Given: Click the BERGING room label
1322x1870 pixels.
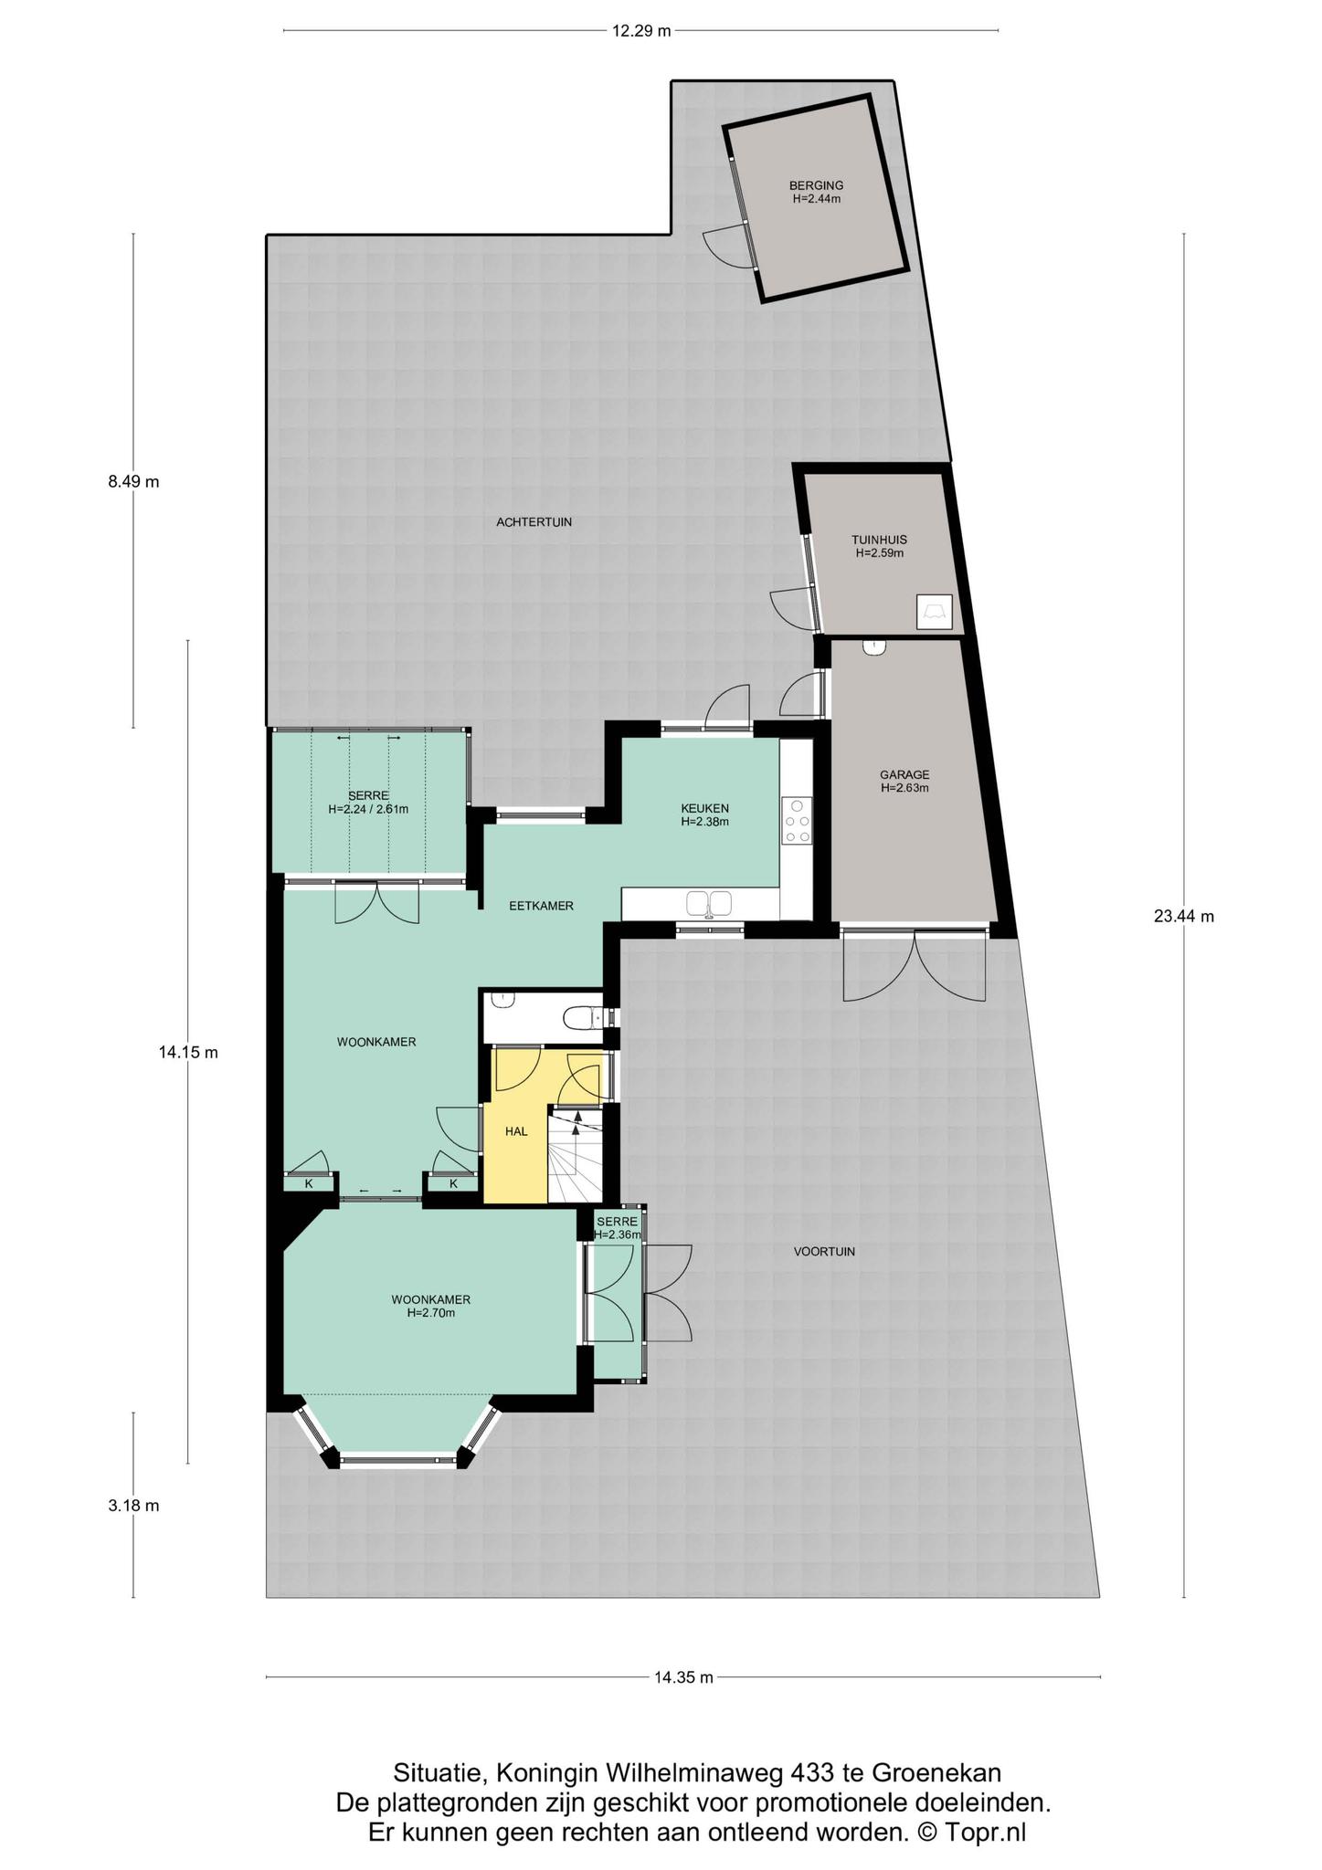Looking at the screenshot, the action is [816, 185].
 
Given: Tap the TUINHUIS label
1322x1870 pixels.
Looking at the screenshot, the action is [879, 540].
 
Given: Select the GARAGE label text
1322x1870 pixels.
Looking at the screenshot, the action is [904, 775].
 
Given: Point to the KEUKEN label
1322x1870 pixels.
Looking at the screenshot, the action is [704, 808].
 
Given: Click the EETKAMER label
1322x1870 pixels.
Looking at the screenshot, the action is [541, 906].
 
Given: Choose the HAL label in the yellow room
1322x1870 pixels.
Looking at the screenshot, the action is [516, 1131].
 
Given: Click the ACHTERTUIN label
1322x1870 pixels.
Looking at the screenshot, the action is [534, 522].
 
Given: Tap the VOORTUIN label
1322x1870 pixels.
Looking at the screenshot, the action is [824, 1252].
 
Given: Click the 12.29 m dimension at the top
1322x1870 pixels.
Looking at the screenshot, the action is [641, 30].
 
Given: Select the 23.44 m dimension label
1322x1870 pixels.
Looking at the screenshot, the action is [1184, 917].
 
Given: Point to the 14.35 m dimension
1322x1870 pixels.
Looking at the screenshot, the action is [683, 1676].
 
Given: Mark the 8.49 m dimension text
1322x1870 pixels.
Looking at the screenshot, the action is [133, 482].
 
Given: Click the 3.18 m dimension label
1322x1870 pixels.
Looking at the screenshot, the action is [133, 1506].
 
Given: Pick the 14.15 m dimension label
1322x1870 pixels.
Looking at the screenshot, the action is [188, 1052].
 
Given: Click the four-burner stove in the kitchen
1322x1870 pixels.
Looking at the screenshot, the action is [797, 820].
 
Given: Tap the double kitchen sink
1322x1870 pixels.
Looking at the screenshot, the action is [709, 904].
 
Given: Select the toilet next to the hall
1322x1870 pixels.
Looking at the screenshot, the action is [581, 1017].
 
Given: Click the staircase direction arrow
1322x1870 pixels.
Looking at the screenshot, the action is [576, 1125].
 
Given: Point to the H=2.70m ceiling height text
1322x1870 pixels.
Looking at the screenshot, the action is [431, 1313].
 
